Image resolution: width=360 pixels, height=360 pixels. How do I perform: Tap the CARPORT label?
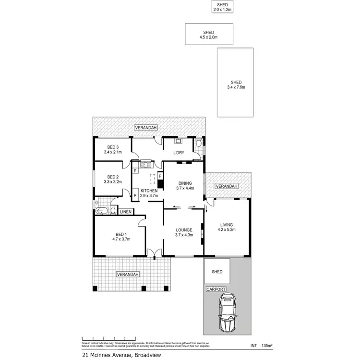coord(216,289)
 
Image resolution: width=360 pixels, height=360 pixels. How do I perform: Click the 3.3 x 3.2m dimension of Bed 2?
coord(113,182)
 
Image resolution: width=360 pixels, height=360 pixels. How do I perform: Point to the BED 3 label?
coord(113,147)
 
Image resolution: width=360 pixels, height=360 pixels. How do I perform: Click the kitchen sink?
coord(145,165)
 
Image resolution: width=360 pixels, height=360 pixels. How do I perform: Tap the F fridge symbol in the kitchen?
coord(160,177)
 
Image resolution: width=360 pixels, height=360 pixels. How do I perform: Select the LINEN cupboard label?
coord(125,212)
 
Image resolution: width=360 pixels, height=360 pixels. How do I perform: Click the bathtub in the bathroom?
coord(102,211)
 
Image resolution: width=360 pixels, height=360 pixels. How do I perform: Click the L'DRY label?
coord(180,153)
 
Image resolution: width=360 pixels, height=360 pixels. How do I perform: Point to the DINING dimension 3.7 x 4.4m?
coord(185,189)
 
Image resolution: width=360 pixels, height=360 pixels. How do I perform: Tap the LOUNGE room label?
coord(185,229)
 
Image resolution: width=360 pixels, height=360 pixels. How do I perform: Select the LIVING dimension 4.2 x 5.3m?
coord(226,229)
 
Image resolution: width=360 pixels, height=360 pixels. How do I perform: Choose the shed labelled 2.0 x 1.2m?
coord(222,7)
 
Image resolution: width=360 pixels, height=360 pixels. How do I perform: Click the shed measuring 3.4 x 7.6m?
coord(236,84)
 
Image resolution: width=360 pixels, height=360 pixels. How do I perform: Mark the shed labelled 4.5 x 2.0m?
coord(209,35)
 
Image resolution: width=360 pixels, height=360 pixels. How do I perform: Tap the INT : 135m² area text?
coord(262,345)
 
